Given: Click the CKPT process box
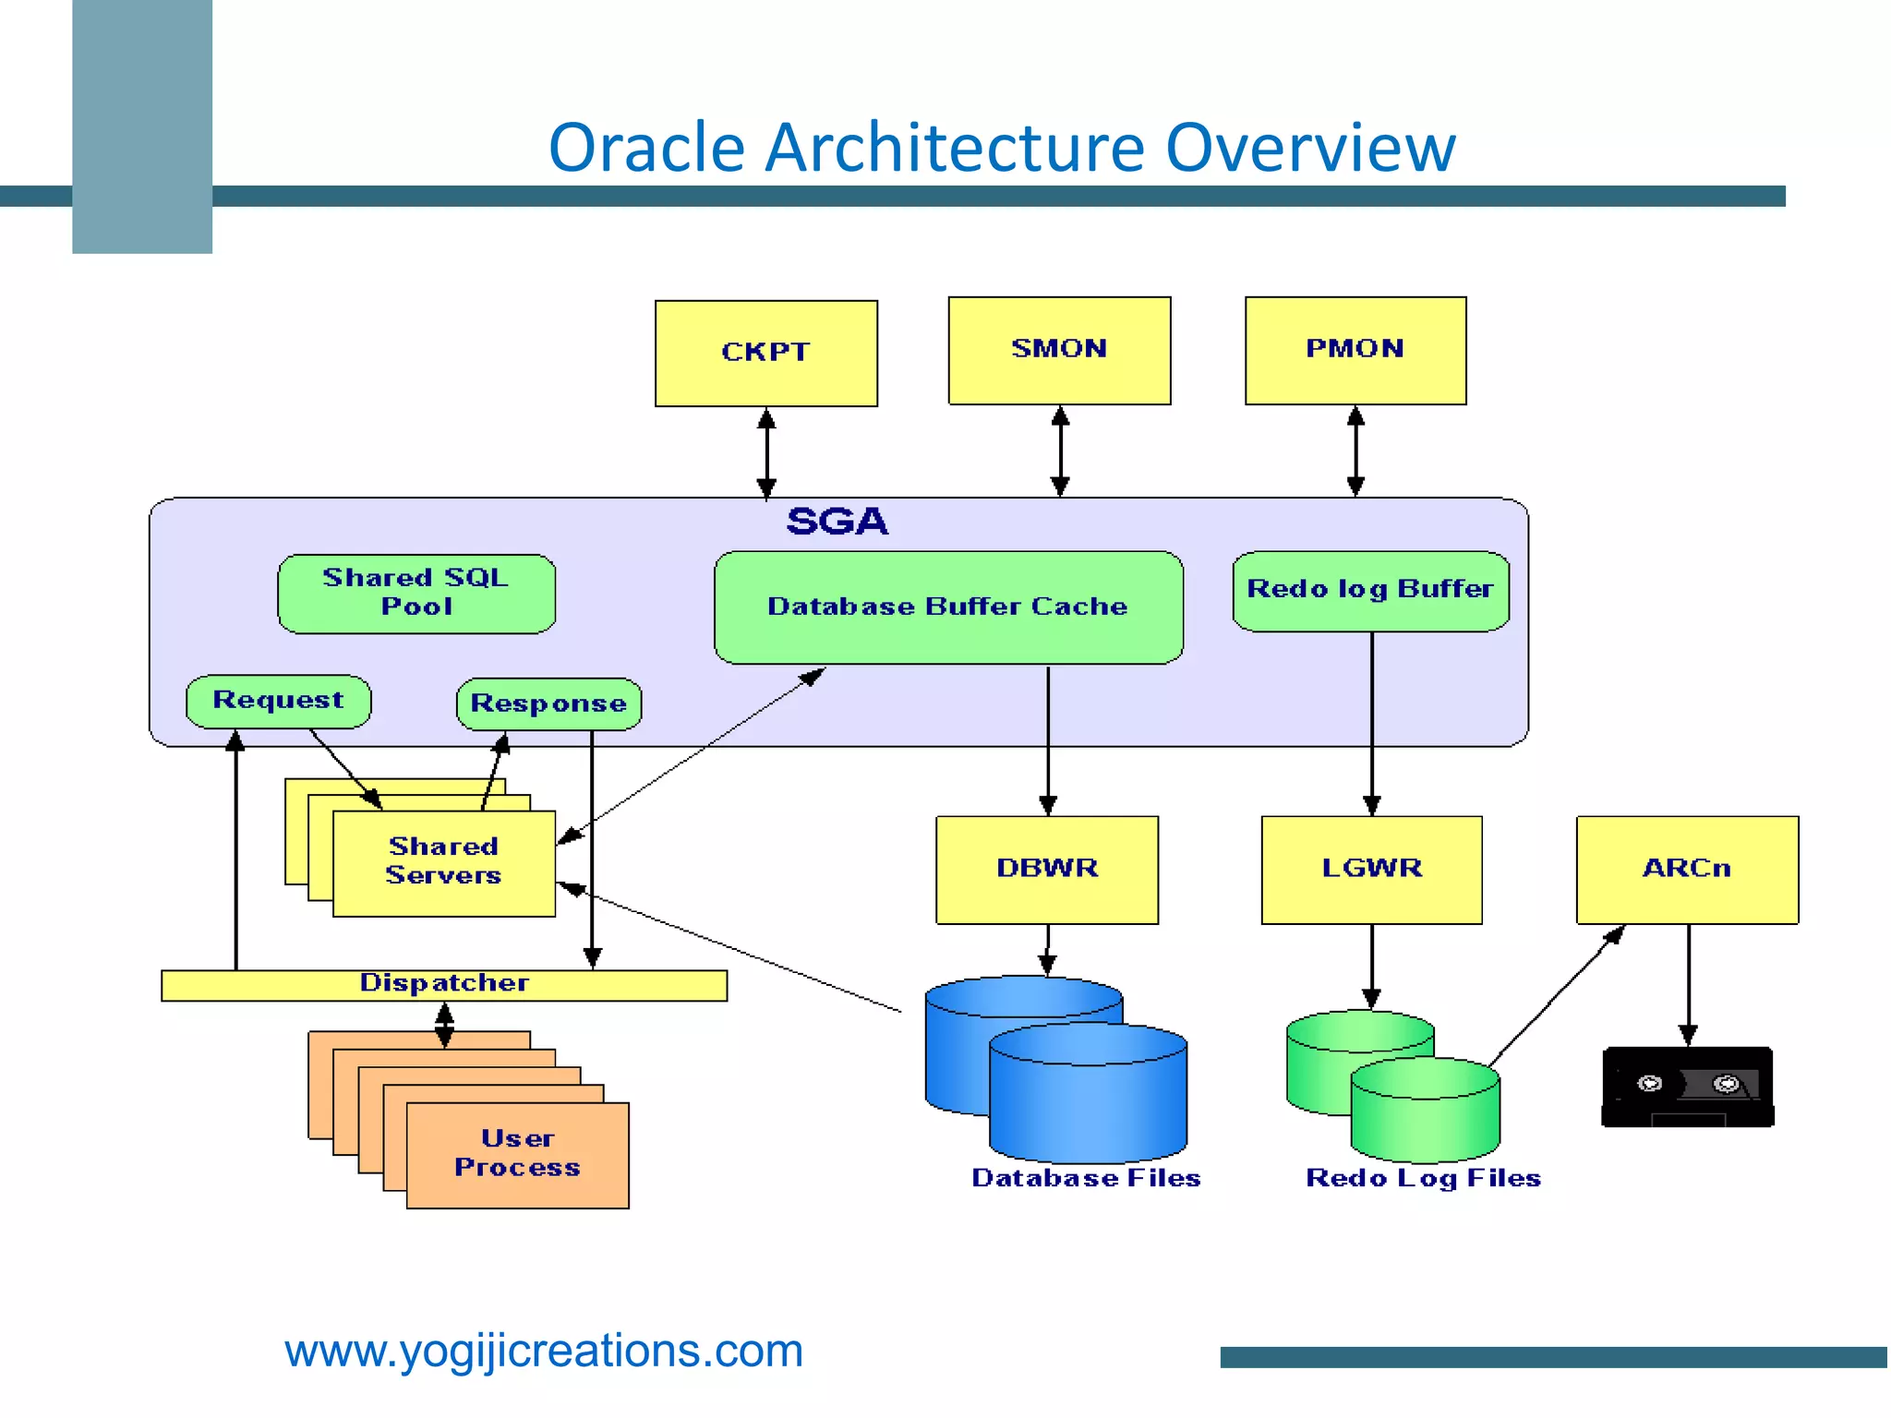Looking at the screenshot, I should click(x=765, y=353).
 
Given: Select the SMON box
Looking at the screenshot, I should click(x=1059, y=350).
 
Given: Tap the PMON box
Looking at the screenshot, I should click(x=1355, y=350).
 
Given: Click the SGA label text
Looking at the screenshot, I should click(x=837, y=522).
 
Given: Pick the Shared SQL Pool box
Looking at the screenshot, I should click(x=416, y=593).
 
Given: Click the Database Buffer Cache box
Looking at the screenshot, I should click(x=948, y=607).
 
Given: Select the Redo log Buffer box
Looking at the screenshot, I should click(x=1370, y=590).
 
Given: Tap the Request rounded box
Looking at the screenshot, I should click(x=278, y=701).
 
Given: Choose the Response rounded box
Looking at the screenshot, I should click(x=548, y=703).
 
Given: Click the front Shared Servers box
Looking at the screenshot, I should click(x=443, y=862).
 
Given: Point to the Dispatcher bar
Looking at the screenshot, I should click(x=444, y=984).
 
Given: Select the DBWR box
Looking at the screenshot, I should click(x=1046, y=869).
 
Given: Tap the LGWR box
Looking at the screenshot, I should click(x=1371, y=869).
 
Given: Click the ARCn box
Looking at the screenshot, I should click(x=1686, y=869).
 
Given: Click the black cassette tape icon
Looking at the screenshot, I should click(x=1687, y=1087).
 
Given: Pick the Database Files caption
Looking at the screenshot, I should click(x=1086, y=1178).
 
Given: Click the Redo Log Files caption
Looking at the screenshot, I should click(x=1423, y=1178).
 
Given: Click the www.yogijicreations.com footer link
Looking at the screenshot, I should click(x=544, y=1351).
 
